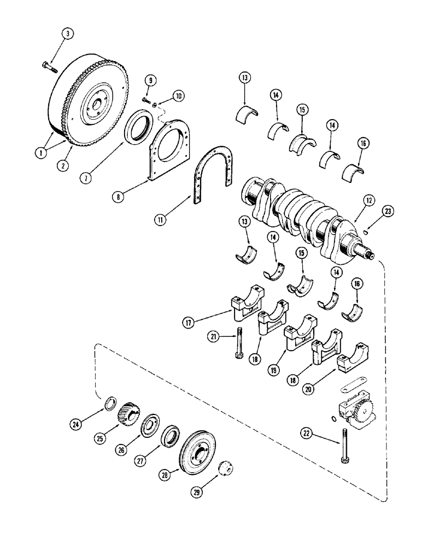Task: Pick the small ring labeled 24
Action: pos(109,405)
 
